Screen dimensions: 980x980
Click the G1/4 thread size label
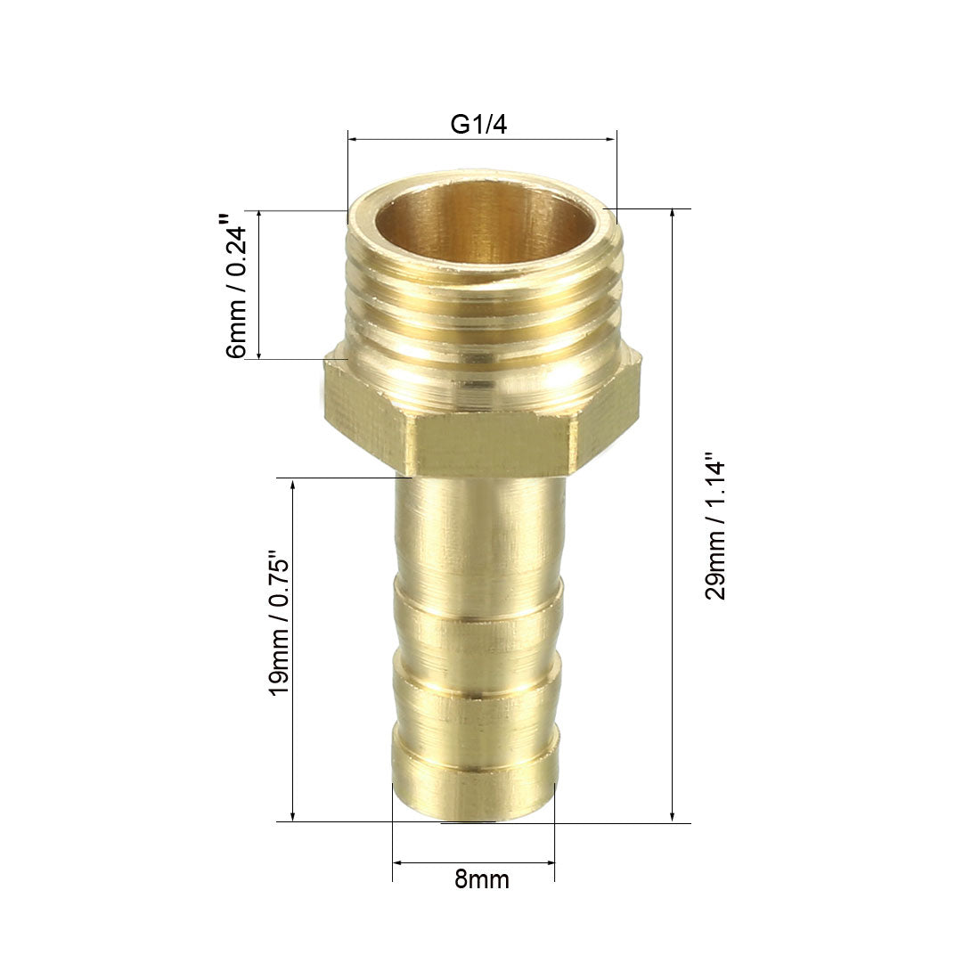coord(478,125)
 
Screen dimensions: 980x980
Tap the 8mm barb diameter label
coord(481,879)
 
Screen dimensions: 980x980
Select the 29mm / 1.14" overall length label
coord(715,527)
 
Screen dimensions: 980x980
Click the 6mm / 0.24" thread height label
coord(237,286)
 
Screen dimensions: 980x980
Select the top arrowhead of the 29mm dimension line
coord(672,214)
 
